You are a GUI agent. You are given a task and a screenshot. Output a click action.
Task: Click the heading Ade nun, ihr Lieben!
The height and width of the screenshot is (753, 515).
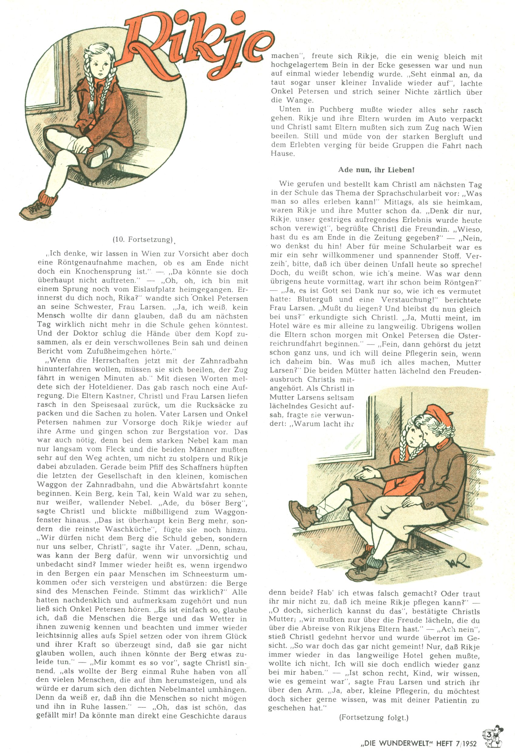(376, 170)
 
